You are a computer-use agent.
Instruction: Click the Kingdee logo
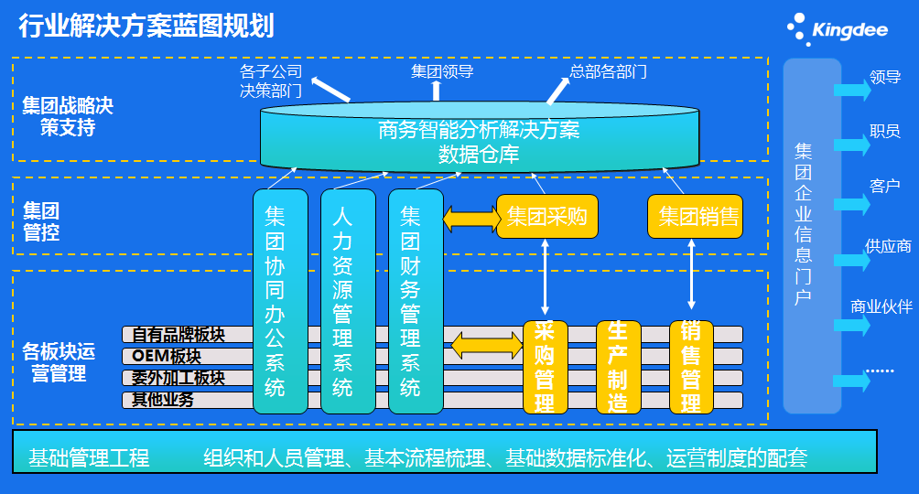click(x=838, y=29)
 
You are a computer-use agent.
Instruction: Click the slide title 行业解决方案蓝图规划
click(x=146, y=26)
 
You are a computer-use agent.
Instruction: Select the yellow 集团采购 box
click(x=546, y=217)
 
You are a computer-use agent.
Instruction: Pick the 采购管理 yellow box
click(x=545, y=366)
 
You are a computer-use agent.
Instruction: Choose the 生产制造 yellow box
click(x=618, y=366)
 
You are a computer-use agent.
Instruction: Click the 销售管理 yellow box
click(x=691, y=366)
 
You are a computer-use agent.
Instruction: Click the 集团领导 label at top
click(x=442, y=70)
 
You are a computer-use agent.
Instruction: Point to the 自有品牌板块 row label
click(x=178, y=334)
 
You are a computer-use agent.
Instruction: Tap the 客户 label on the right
click(x=885, y=186)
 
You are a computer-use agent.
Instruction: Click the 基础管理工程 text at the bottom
click(x=89, y=457)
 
